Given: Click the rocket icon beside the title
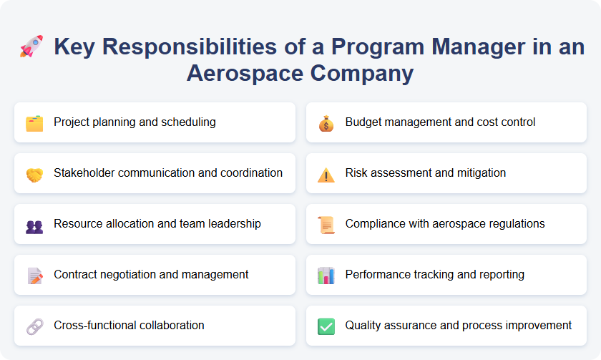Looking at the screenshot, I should [x=31, y=47].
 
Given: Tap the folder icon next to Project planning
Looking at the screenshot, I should [x=34, y=123].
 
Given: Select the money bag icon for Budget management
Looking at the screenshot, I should [x=326, y=123].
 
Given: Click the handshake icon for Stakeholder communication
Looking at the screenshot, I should [x=34, y=174].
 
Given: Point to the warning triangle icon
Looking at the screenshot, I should [x=326, y=174].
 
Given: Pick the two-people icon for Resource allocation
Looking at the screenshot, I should [x=34, y=225].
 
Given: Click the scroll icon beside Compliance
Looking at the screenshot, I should [x=326, y=225].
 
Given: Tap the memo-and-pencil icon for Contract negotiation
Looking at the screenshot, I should [x=34, y=276].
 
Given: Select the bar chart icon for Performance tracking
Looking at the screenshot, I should [x=326, y=276].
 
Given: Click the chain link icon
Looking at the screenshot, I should [x=34, y=326].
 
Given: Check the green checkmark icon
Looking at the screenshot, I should [x=326, y=326].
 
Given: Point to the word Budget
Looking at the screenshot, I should [x=363, y=122].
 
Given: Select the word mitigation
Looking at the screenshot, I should [x=480, y=173].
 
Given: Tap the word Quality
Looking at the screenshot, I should [x=363, y=326].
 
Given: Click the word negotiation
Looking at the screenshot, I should [x=135, y=275].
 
